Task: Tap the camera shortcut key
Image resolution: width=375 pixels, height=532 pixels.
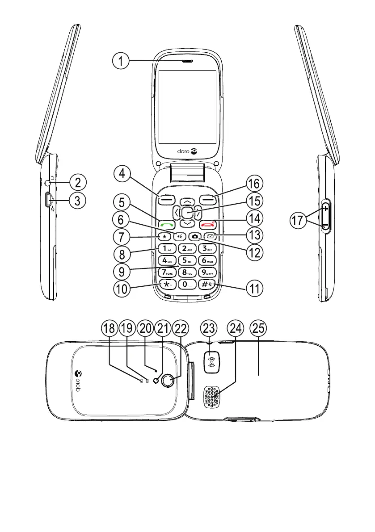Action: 195,236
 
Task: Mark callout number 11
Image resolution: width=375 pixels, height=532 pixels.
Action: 253,288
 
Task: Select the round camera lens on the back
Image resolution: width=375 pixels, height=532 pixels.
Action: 168,380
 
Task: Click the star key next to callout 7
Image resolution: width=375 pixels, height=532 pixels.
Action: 165,236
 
